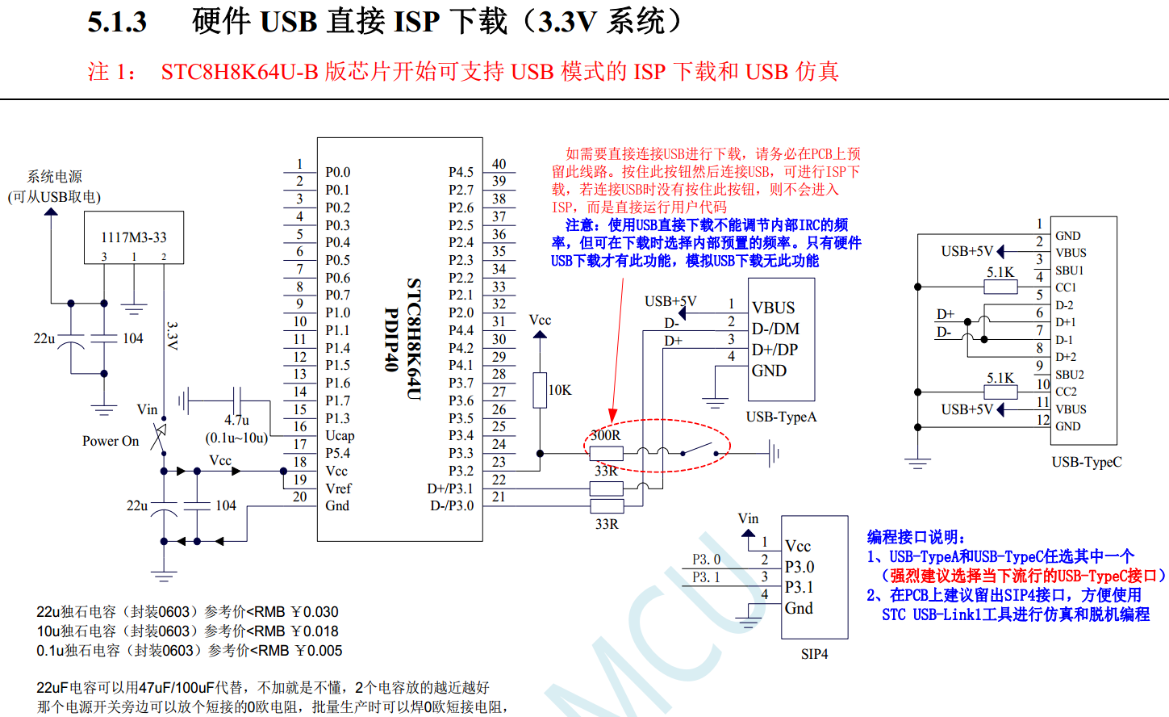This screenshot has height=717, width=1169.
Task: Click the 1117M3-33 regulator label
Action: (x=133, y=237)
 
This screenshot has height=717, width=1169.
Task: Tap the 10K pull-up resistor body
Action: (x=540, y=390)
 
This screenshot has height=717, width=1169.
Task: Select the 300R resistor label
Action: (x=605, y=435)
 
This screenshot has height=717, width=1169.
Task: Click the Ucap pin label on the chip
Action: (x=340, y=435)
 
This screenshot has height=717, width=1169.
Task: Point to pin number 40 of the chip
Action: (x=499, y=164)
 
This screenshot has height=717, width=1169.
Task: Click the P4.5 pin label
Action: (x=461, y=172)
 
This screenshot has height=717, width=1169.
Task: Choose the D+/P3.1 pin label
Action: (x=450, y=488)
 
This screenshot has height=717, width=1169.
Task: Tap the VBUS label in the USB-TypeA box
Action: (x=773, y=308)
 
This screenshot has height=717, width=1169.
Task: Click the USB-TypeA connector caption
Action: (x=781, y=417)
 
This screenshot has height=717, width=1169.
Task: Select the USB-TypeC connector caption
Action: (x=1086, y=462)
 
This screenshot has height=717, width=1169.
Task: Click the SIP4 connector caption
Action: (x=814, y=654)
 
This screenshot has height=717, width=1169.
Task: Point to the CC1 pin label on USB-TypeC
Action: (x=1066, y=287)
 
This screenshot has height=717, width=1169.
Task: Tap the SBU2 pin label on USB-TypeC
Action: (x=1070, y=375)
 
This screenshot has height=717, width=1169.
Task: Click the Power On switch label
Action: (x=111, y=441)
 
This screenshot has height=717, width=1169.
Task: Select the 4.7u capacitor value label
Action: (x=236, y=420)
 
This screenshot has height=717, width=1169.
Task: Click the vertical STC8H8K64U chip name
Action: (x=413, y=338)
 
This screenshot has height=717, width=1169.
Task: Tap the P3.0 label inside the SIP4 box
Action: (x=800, y=567)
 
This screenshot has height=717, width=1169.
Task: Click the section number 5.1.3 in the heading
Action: (x=117, y=22)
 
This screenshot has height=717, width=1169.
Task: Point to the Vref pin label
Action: (x=338, y=488)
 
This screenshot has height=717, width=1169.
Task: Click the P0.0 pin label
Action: (x=337, y=172)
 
